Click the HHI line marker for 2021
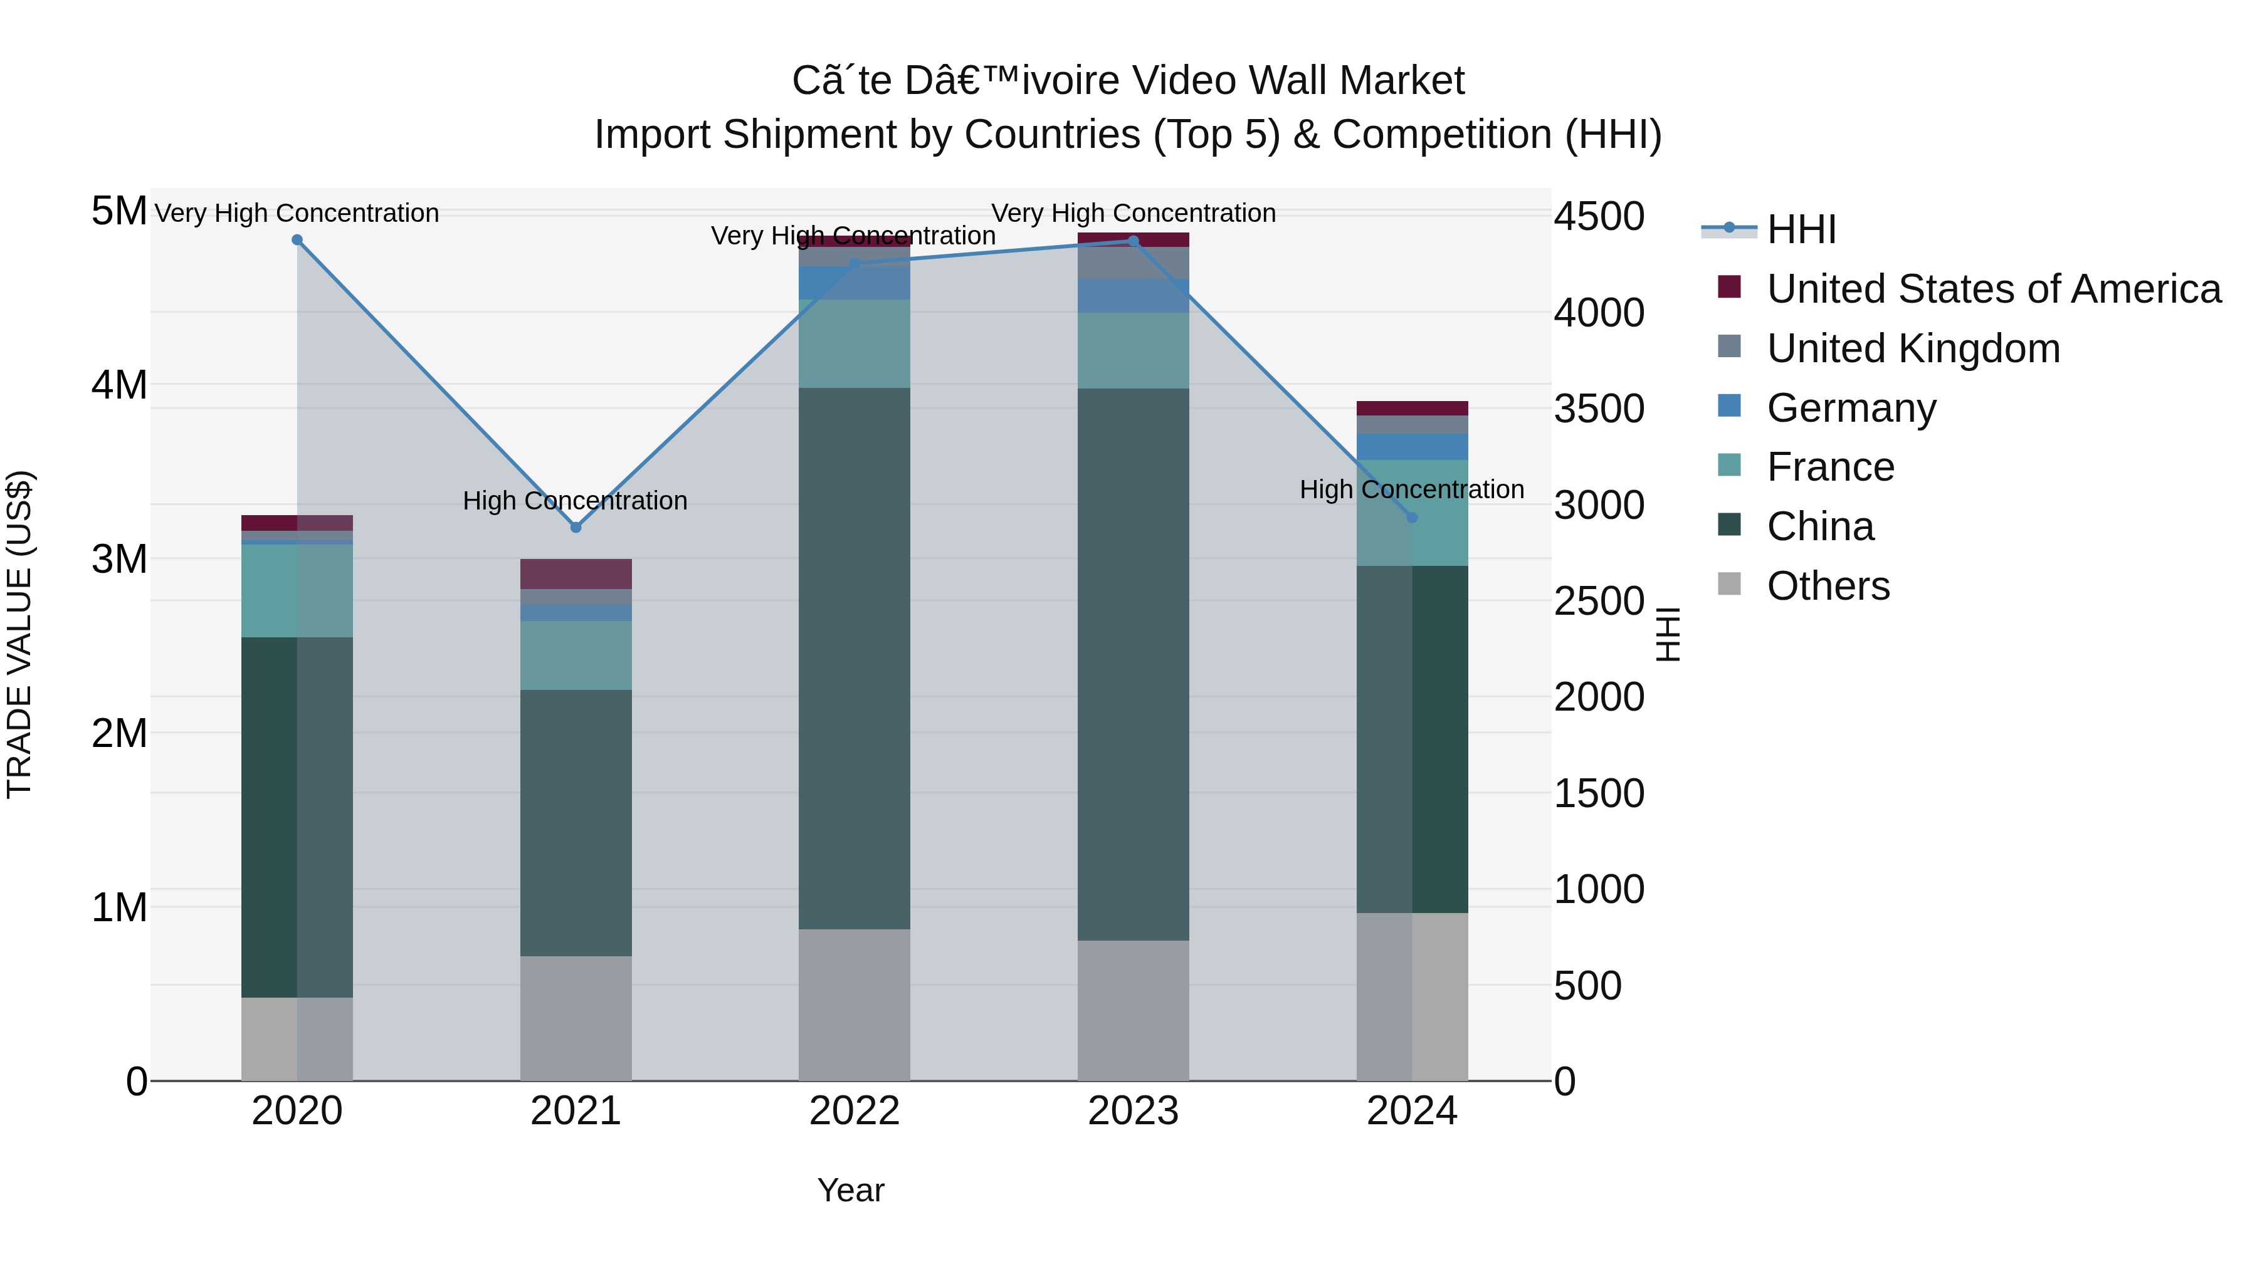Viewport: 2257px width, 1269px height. coord(576,527)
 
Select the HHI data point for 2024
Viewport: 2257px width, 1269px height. coord(1411,518)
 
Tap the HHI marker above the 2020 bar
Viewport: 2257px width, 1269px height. coord(297,240)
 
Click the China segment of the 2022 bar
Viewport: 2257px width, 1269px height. coord(855,657)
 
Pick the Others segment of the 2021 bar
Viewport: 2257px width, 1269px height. coord(576,1018)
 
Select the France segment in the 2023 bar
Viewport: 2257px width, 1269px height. coord(1133,350)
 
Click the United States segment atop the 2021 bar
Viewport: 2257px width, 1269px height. coord(576,573)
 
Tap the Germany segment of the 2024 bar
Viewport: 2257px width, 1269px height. coord(1411,447)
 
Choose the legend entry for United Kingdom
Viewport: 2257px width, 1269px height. coord(1913,348)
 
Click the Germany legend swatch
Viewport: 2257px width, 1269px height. coord(1728,406)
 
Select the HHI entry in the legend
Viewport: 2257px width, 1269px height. coord(1801,229)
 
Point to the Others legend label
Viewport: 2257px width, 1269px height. coord(1828,586)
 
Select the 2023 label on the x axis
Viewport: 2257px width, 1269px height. coord(1133,1111)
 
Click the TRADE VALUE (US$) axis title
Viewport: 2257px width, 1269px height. coord(19,634)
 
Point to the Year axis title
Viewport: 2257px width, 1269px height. coord(850,1190)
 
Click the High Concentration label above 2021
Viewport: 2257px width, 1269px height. coord(575,501)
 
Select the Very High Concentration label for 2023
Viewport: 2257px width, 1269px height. coord(1133,213)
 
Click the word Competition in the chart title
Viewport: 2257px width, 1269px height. coord(1442,135)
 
